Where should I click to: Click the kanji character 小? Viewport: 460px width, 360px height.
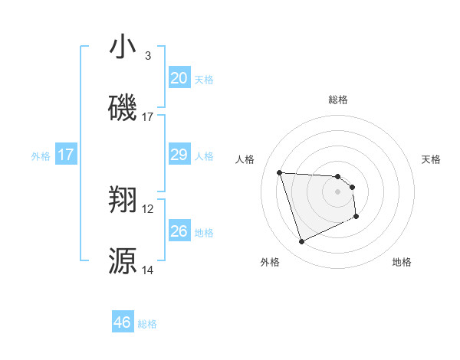click(x=123, y=47)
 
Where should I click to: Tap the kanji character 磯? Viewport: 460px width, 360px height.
click(x=123, y=108)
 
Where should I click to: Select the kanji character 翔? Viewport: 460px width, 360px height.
click(x=123, y=201)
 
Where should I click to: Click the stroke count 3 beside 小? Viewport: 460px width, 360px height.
click(x=148, y=56)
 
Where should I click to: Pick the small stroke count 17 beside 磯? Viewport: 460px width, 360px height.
click(x=148, y=116)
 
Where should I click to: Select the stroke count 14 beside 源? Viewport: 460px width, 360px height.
click(x=148, y=270)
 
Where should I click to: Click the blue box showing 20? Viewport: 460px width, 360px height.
click(x=179, y=78)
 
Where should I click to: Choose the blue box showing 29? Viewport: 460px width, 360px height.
click(x=179, y=155)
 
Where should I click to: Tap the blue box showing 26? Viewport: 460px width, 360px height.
click(x=179, y=231)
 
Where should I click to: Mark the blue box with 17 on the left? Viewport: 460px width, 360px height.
click(x=66, y=155)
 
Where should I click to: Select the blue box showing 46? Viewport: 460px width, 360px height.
click(x=123, y=322)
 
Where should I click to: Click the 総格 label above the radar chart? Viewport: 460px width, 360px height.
click(x=338, y=100)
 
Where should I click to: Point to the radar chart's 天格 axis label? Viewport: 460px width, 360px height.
click(x=432, y=159)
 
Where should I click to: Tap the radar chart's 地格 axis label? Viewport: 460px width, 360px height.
click(x=402, y=262)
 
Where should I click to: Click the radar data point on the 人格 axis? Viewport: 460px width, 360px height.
click(x=280, y=172)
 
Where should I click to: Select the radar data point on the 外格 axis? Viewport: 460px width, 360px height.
click(x=301, y=242)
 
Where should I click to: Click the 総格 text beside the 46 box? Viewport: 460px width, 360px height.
click(x=147, y=324)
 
